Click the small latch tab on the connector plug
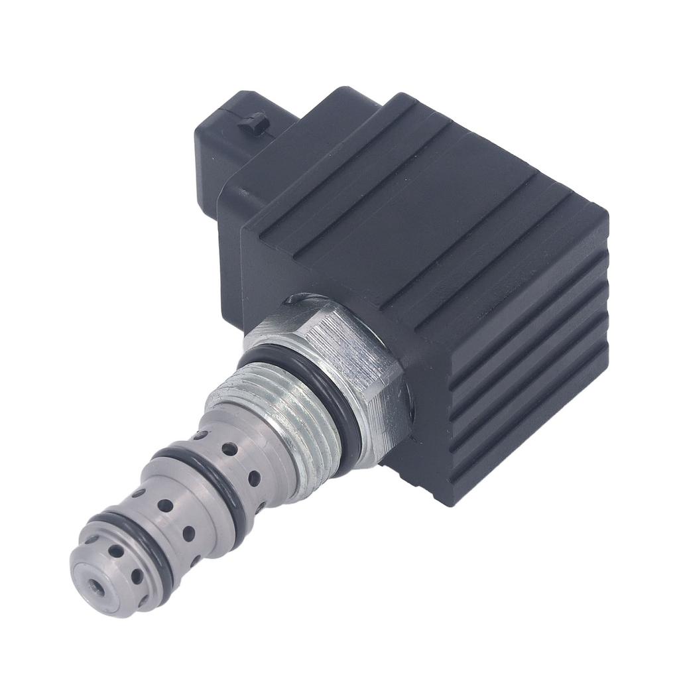pyautogui.click(x=253, y=123)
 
